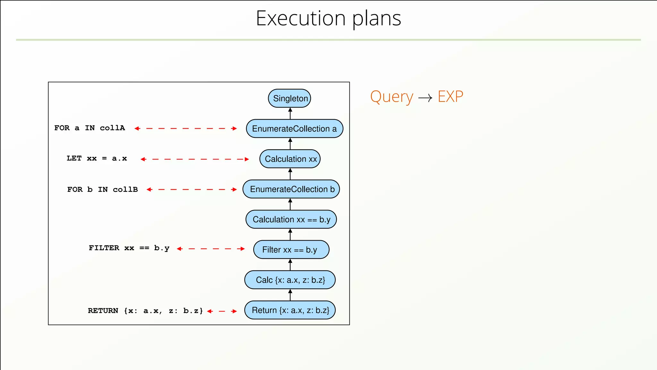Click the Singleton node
coord(289,98)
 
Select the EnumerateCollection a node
coord(294,128)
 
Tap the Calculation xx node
coord(290,159)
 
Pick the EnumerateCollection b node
coord(291,189)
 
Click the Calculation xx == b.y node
coord(291,219)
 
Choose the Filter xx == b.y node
coord(291,250)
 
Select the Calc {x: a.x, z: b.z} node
coord(290,280)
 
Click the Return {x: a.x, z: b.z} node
coord(290,310)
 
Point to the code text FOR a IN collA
coord(90,128)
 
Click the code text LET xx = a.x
coord(97,158)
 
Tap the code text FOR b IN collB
coord(102,189)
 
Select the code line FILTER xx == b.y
coord(129,248)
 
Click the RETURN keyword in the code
coord(103,311)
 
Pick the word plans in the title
coord(377,19)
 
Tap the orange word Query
coord(391,97)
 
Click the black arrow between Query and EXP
coord(425,98)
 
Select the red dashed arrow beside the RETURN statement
coord(222,311)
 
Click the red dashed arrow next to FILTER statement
coord(211,249)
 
